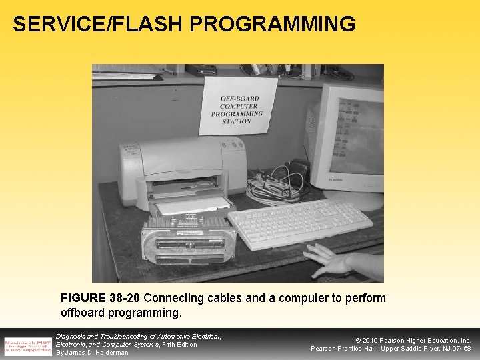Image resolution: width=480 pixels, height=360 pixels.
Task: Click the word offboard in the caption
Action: (x=84, y=312)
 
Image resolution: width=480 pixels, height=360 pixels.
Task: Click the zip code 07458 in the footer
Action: (x=459, y=348)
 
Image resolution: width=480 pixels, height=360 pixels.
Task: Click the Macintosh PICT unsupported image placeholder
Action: (x=27, y=344)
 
